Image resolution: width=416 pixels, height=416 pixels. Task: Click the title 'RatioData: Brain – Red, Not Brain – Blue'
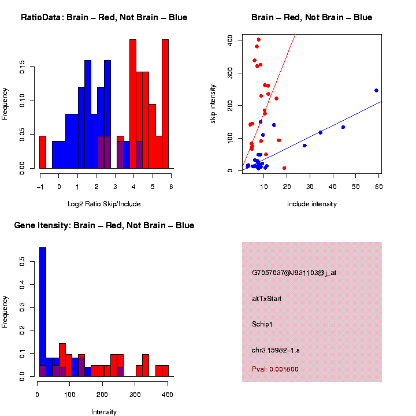[104, 17]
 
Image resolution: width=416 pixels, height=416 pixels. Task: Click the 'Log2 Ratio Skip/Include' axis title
[105, 204]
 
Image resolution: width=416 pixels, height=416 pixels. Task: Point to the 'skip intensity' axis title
[213, 103]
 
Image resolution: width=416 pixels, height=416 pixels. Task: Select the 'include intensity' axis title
[312, 204]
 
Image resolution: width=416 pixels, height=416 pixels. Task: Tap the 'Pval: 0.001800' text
[275, 369]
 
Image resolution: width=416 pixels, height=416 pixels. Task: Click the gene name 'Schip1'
[262, 324]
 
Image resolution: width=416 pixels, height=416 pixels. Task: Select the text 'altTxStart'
[267, 299]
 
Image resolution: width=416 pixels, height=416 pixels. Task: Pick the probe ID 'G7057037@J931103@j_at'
[294, 273]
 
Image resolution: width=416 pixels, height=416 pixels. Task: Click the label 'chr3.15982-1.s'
[276, 350]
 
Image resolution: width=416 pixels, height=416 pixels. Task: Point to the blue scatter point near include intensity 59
[376, 90]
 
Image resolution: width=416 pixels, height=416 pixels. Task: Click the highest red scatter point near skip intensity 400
[258, 40]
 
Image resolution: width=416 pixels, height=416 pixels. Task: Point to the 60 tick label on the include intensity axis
[378, 186]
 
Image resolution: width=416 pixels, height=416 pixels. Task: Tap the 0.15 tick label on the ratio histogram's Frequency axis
[23, 69]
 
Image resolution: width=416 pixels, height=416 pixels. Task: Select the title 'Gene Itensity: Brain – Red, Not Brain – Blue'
[104, 225]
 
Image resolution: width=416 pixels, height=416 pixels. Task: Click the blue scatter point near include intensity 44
[343, 127]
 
